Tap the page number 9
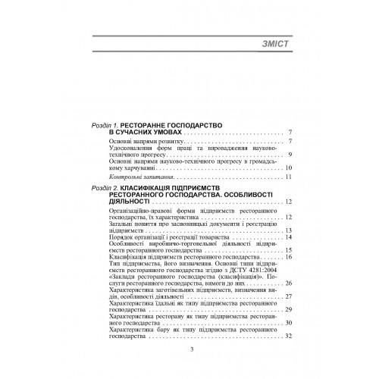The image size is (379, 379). pyautogui.click(x=290, y=155)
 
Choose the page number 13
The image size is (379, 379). pyautogui.click(x=288, y=230)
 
